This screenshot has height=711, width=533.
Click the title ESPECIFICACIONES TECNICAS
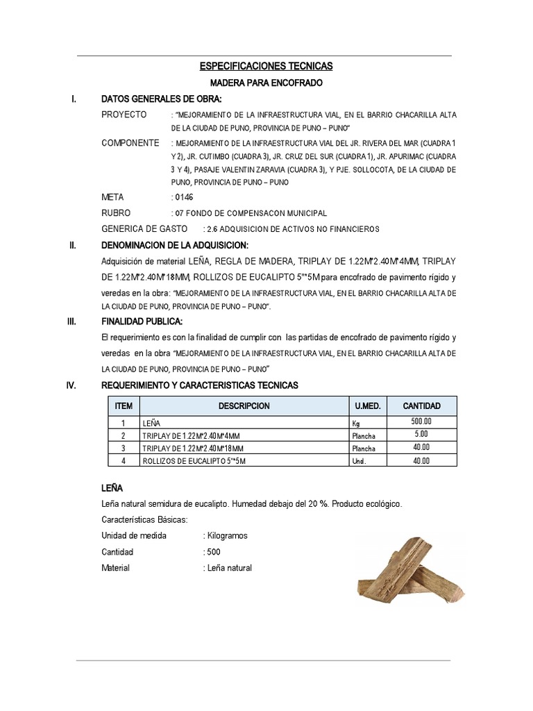pyautogui.click(x=266, y=67)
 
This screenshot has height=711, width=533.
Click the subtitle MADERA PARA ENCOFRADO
pyautogui.click(x=266, y=83)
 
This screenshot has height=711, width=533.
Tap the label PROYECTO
pyautogui.click(x=124, y=115)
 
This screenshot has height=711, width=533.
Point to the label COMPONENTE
pyautogui.click(x=130, y=143)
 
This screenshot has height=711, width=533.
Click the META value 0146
pyautogui.click(x=184, y=198)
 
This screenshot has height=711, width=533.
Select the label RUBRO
pyautogui.click(x=116, y=213)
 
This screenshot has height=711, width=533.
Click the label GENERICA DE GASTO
pyautogui.click(x=144, y=229)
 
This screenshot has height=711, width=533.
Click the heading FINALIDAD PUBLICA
pyautogui.click(x=142, y=321)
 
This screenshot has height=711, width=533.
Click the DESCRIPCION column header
pyautogui.click(x=244, y=406)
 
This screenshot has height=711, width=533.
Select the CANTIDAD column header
pyautogui.click(x=421, y=406)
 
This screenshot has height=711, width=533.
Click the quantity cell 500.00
pyautogui.click(x=421, y=422)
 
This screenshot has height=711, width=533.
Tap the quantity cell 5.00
pyautogui.click(x=421, y=435)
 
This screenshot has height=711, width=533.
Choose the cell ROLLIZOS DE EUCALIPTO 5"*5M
pyautogui.click(x=187, y=461)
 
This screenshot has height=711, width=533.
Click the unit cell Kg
pyautogui.click(x=357, y=423)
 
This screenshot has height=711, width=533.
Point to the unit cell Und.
pyautogui.click(x=358, y=461)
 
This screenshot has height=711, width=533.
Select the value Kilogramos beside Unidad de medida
pyautogui.click(x=226, y=536)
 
